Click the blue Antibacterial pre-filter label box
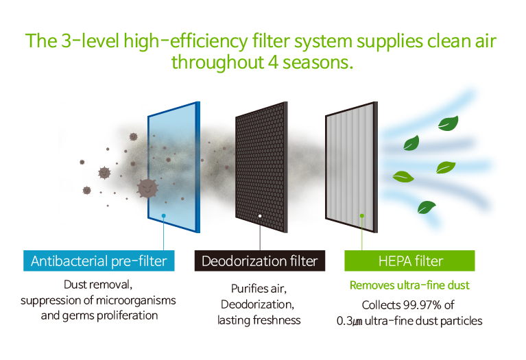pos(99,261)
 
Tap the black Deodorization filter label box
pos(260,261)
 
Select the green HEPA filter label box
pos(409,261)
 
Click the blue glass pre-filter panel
pos(174,167)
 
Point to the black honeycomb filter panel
pos(261,167)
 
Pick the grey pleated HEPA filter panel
pos(352,167)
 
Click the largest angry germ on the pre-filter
pos(147,188)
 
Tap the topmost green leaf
pos(449,123)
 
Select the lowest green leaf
pos(426,207)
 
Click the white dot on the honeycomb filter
pos(260,216)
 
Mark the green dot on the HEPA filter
pos(362,216)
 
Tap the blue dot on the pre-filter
pos(164,216)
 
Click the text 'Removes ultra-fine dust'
pos(409,285)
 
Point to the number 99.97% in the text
pos(422,305)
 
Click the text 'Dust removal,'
pos(98,285)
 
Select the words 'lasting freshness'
pos(259,320)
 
